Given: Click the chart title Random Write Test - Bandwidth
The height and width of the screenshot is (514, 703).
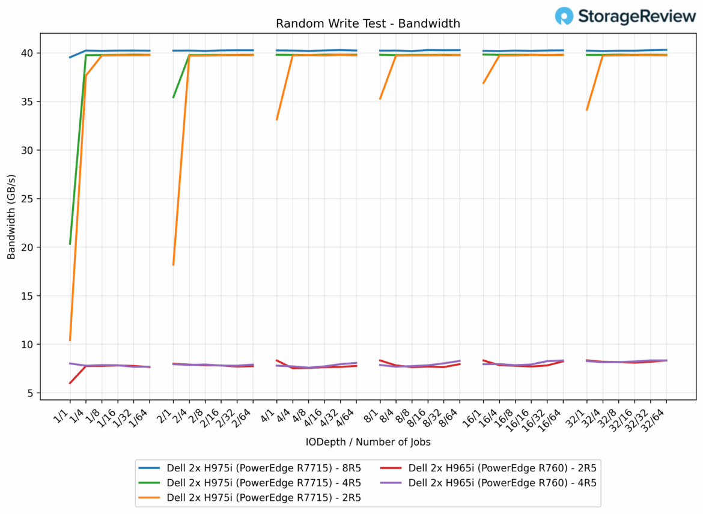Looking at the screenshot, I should coord(368,24).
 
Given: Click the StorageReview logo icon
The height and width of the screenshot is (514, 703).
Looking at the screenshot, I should coord(564,16).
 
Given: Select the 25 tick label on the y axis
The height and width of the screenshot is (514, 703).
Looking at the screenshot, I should coord(47,199).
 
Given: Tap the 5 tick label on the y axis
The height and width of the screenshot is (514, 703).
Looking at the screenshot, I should coord(50,393).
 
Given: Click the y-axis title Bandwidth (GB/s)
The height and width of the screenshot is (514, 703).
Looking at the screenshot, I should coord(11,213).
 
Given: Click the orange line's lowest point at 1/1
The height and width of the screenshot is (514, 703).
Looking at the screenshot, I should coord(70,340).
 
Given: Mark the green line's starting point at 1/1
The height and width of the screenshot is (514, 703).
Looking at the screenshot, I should coord(70,244).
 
